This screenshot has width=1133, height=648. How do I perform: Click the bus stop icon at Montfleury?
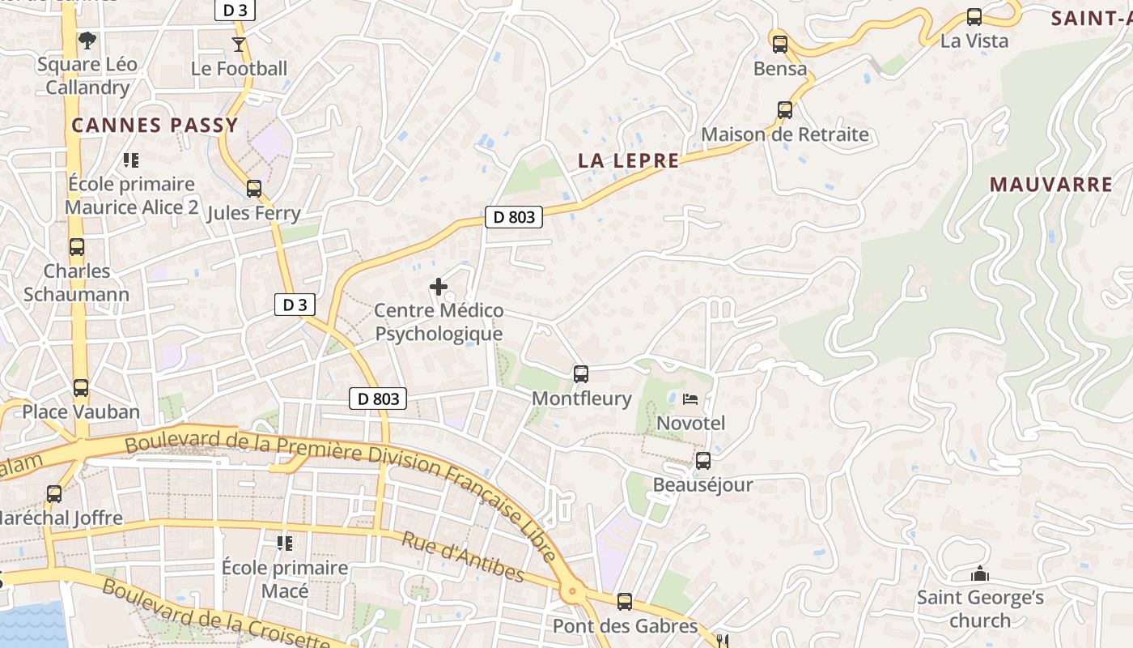click(x=580, y=374)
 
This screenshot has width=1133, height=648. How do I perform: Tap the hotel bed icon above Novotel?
click(x=690, y=399)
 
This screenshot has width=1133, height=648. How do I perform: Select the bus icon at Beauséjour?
click(x=703, y=461)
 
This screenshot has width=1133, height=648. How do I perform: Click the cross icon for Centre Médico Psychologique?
click(x=439, y=287)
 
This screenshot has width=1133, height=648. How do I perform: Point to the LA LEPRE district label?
click(x=629, y=160)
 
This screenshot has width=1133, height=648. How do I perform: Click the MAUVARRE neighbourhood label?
click(x=1051, y=185)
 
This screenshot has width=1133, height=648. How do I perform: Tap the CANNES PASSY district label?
click(x=155, y=125)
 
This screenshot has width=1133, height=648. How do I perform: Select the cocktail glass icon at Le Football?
click(x=239, y=44)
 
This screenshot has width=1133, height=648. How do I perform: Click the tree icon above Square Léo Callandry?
click(x=87, y=39)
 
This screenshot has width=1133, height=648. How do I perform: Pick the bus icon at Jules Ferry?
click(x=254, y=189)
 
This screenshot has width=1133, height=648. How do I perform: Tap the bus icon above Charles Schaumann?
click(x=77, y=247)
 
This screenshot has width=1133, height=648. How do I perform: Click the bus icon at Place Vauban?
click(x=81, y=388)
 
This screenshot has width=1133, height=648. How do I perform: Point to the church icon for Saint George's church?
click(x=980, y=574)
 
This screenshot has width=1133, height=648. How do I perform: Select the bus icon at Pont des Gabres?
click(x=624, y=602)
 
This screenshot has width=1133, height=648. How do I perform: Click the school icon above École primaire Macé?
click(x=285, y=543)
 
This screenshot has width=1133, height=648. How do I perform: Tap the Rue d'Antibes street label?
click(x=463, y=558)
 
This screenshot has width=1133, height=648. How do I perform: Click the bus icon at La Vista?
click(x=974, y=17)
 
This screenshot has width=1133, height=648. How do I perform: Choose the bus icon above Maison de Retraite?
click(x=784, y=110)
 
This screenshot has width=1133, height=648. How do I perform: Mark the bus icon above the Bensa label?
click(x=779, y=45)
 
